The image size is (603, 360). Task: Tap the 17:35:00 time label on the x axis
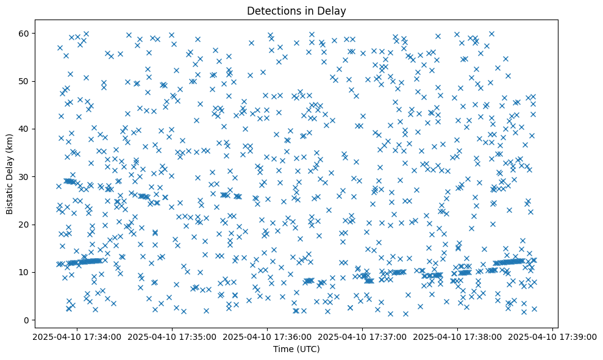(x=171, y=336)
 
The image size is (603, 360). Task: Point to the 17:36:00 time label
(x=266, y=336)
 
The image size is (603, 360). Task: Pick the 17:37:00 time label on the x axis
(x=362, y=336)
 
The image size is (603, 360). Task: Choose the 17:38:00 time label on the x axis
(x=457, y=336)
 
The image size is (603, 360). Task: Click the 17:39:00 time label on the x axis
(x=552, y=336)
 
